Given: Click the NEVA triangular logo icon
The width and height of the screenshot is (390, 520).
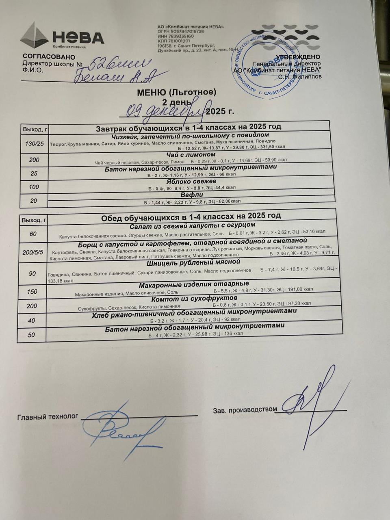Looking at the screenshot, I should pos(35,36).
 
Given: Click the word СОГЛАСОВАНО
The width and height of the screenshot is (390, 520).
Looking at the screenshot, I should pos(43,57).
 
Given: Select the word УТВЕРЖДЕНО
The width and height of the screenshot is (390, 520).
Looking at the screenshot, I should pos(298,57).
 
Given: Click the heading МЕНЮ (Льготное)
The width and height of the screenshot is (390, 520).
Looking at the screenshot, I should pos(176,93).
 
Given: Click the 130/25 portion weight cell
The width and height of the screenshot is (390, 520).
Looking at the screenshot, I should pos(35,144).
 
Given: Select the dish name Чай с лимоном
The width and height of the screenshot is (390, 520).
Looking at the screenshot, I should pos(191,155).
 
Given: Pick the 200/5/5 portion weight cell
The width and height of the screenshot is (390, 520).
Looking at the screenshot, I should pos(33,252).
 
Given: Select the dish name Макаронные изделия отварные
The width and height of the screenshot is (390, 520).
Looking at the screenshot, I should pos(194,284).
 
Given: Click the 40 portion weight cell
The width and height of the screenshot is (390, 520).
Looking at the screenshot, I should pos(32,321).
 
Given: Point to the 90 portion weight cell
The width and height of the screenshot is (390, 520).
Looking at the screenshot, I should pos(32,274).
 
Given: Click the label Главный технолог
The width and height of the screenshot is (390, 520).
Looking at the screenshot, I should pos(47,417).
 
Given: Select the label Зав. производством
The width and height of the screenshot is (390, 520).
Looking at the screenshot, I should pos(245,409).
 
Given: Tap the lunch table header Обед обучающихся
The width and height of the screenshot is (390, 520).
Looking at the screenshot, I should pos(191,216).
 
